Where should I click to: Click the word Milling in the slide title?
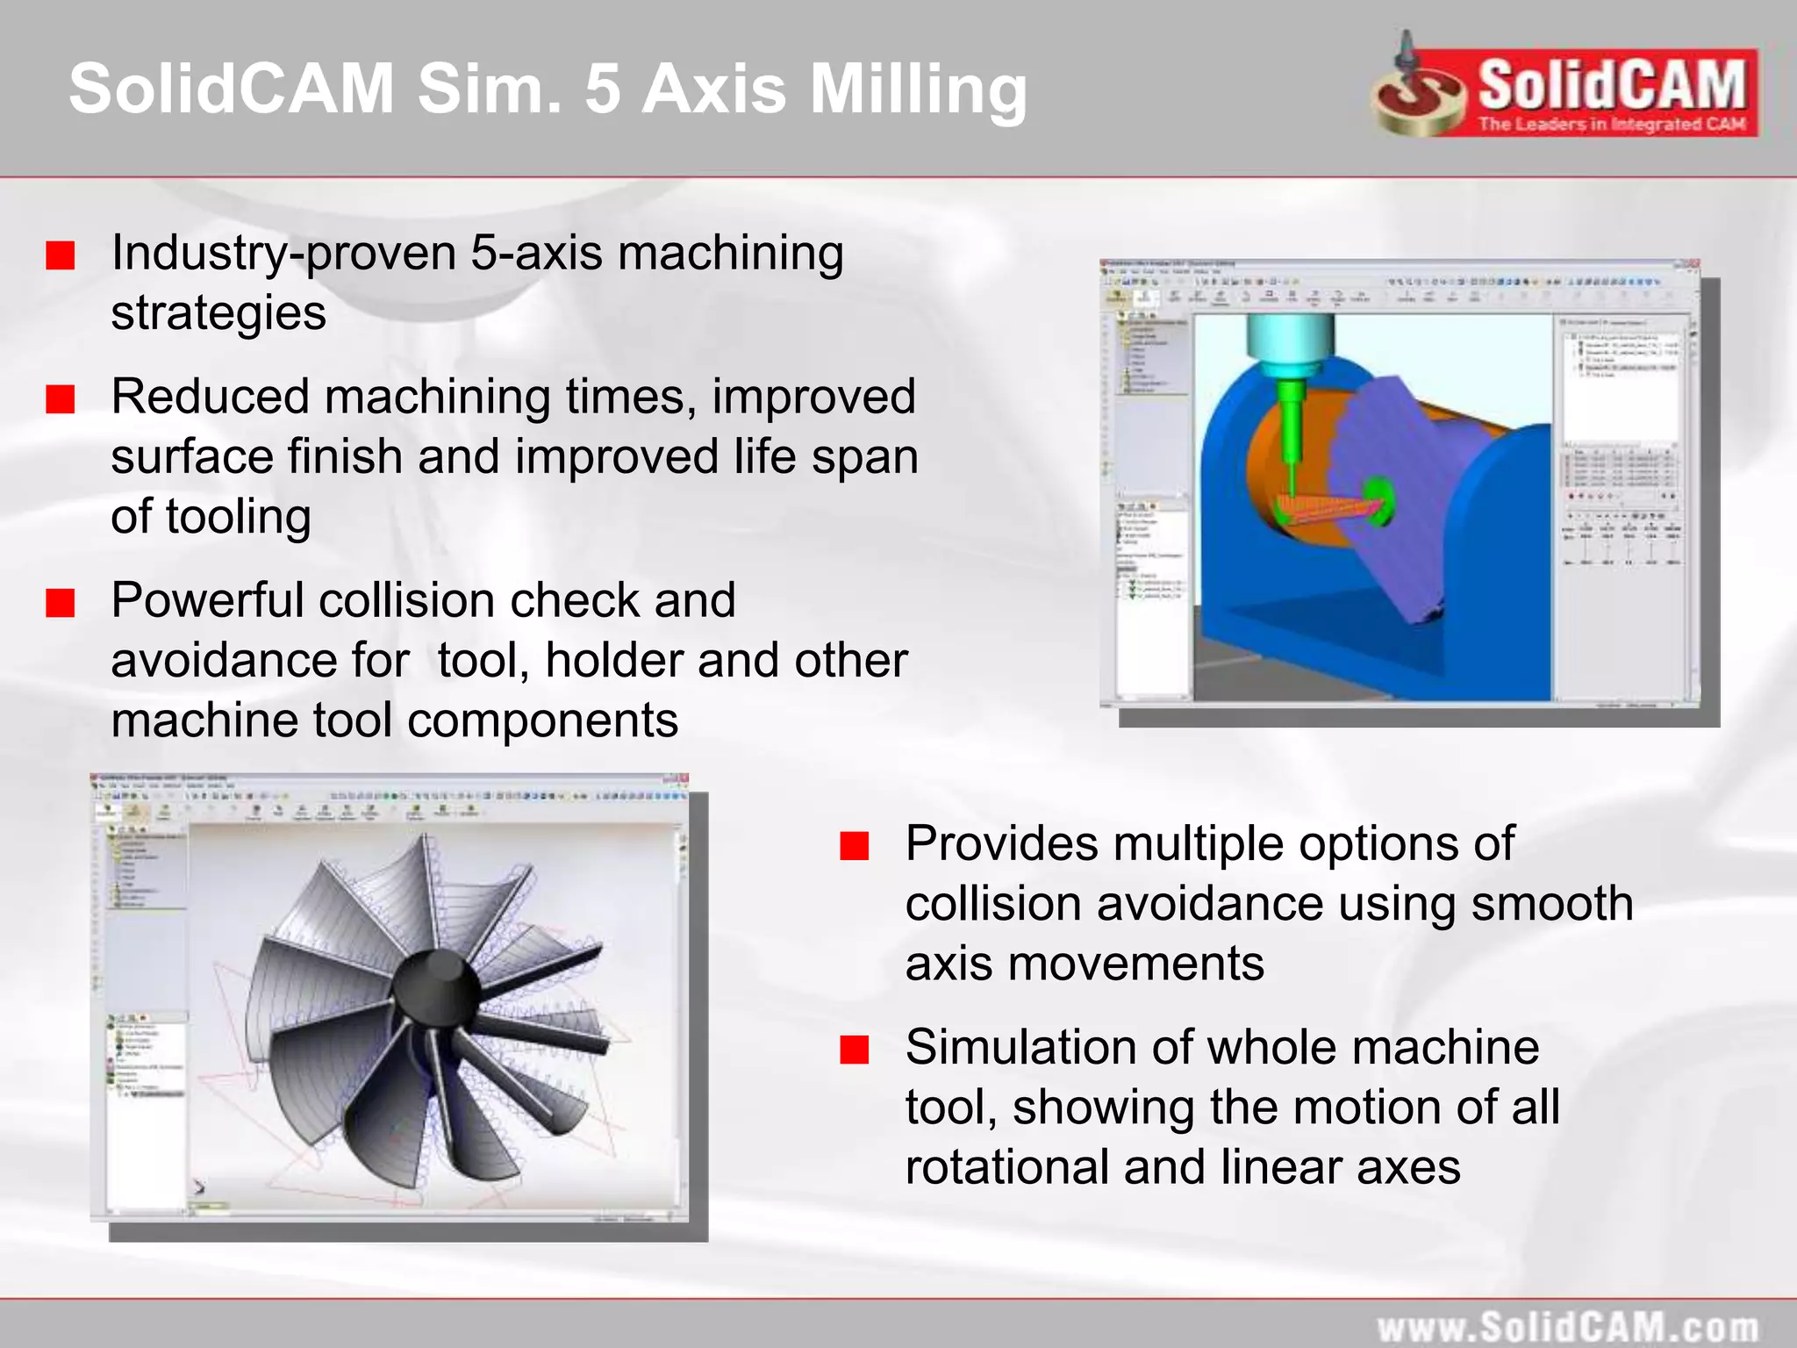918,89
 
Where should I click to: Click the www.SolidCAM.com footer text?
1567,1326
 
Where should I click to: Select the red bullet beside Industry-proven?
61,256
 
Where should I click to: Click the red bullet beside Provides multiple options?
854,846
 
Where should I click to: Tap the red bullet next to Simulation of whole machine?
854,1050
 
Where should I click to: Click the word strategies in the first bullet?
218,312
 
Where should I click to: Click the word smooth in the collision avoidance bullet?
1551,903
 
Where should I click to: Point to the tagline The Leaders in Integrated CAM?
1612,124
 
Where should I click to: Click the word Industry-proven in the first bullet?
283,253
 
